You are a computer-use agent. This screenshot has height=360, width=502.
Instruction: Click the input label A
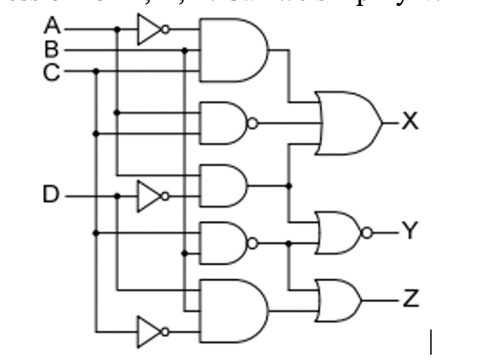pos(51,27)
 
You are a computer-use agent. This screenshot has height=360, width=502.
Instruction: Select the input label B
pos(51,49)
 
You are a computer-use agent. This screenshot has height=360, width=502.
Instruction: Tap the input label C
pos(51,70)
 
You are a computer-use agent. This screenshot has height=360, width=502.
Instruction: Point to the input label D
pos(51,195)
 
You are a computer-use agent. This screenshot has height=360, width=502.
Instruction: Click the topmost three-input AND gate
pos(232,50)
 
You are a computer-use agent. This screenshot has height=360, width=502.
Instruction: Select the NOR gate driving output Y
pos(339,232)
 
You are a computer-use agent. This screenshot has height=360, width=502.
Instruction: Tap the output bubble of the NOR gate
pos(365,232)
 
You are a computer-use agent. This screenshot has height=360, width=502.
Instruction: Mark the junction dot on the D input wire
pos(118,197)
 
